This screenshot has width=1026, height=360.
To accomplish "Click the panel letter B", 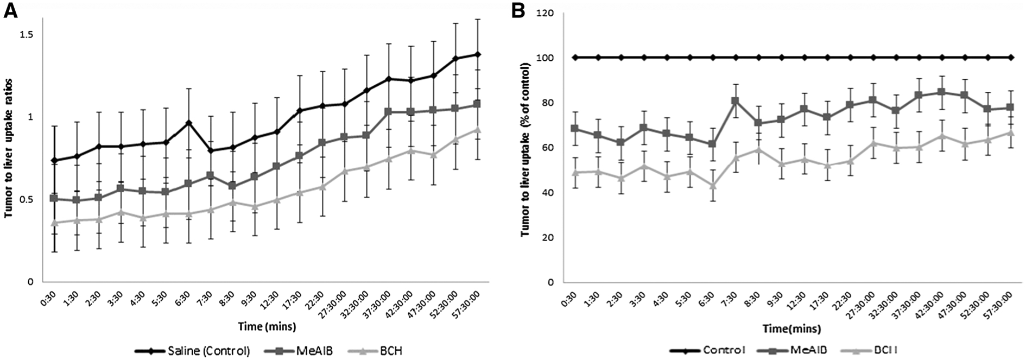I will point(520,11).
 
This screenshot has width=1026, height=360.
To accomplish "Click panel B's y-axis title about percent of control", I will point(525,149).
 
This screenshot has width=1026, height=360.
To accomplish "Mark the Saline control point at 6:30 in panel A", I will point(188,123).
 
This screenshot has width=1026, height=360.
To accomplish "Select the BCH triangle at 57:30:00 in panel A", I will point(477,130).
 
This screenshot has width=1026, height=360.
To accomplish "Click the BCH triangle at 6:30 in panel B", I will point(712,186).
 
